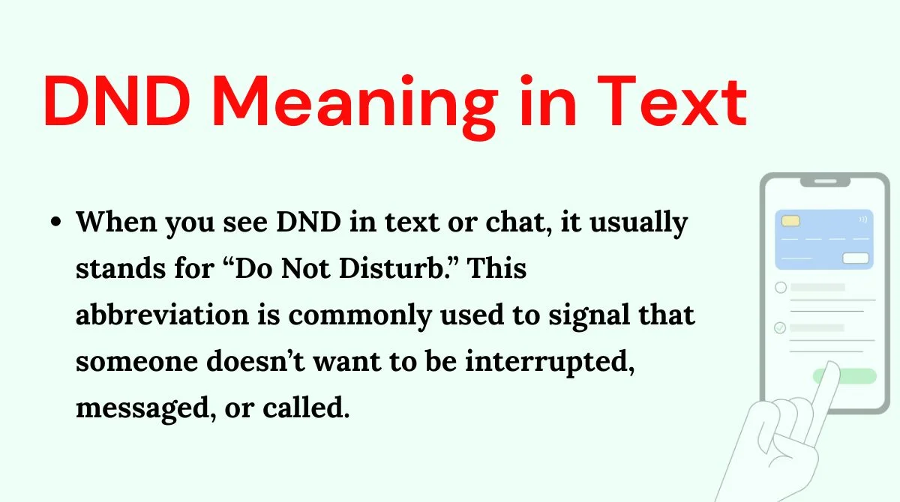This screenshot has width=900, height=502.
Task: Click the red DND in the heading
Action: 117,101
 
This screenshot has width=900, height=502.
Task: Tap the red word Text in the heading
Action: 672,101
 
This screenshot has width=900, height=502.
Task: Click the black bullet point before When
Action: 56,222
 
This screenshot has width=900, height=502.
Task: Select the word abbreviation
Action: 162,314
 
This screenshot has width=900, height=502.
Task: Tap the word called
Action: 306,408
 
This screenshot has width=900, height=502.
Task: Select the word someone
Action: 137,361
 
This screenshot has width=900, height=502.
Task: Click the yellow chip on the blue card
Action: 790,221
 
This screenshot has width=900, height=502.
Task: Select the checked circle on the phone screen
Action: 780,328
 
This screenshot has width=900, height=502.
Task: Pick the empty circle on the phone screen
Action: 781,287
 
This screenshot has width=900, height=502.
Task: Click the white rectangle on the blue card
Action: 856,258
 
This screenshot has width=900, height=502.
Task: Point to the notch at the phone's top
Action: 825,182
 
